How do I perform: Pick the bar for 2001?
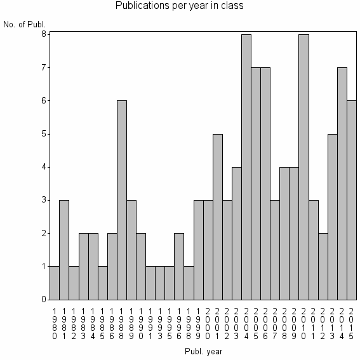[217, 217]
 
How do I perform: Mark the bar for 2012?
[323, 266]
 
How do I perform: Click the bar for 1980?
[55, 283]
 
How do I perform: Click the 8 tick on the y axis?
[44, 34]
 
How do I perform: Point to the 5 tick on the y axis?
[44, 134]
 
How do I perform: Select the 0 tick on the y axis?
[44, 300]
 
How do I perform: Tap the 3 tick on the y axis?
[44, 200]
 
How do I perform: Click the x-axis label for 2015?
[351, 321]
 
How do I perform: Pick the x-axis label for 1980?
[55, 321]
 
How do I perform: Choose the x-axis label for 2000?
[208, 321]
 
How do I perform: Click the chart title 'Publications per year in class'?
[180, 6]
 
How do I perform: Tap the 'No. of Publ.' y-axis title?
[24, 25]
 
